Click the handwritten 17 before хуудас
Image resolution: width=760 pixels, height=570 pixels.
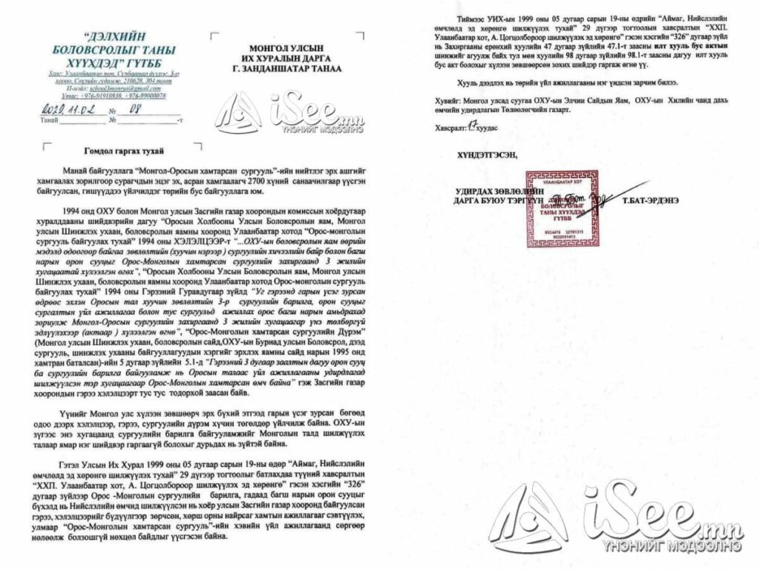point(473,128)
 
